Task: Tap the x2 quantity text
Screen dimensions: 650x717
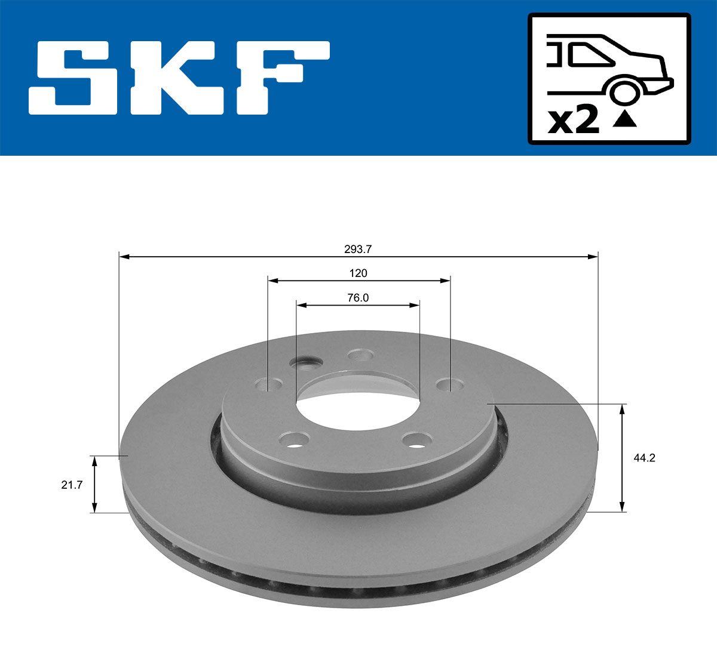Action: tap(573, 121)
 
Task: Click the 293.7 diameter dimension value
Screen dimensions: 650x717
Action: tap(358, 249)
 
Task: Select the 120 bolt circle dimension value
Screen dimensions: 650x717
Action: tap(358, 273)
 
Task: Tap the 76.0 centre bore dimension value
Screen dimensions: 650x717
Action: tap(358, 298)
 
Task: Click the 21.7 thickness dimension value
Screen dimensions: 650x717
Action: tap(72, 485)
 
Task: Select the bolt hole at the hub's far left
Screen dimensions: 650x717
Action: tap(268, 384)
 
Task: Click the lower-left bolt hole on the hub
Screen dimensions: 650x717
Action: tap(294, 440)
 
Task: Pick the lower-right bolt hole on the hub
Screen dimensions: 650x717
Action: tap(416, 440)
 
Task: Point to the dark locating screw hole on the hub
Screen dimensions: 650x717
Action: tap(305, 362)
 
